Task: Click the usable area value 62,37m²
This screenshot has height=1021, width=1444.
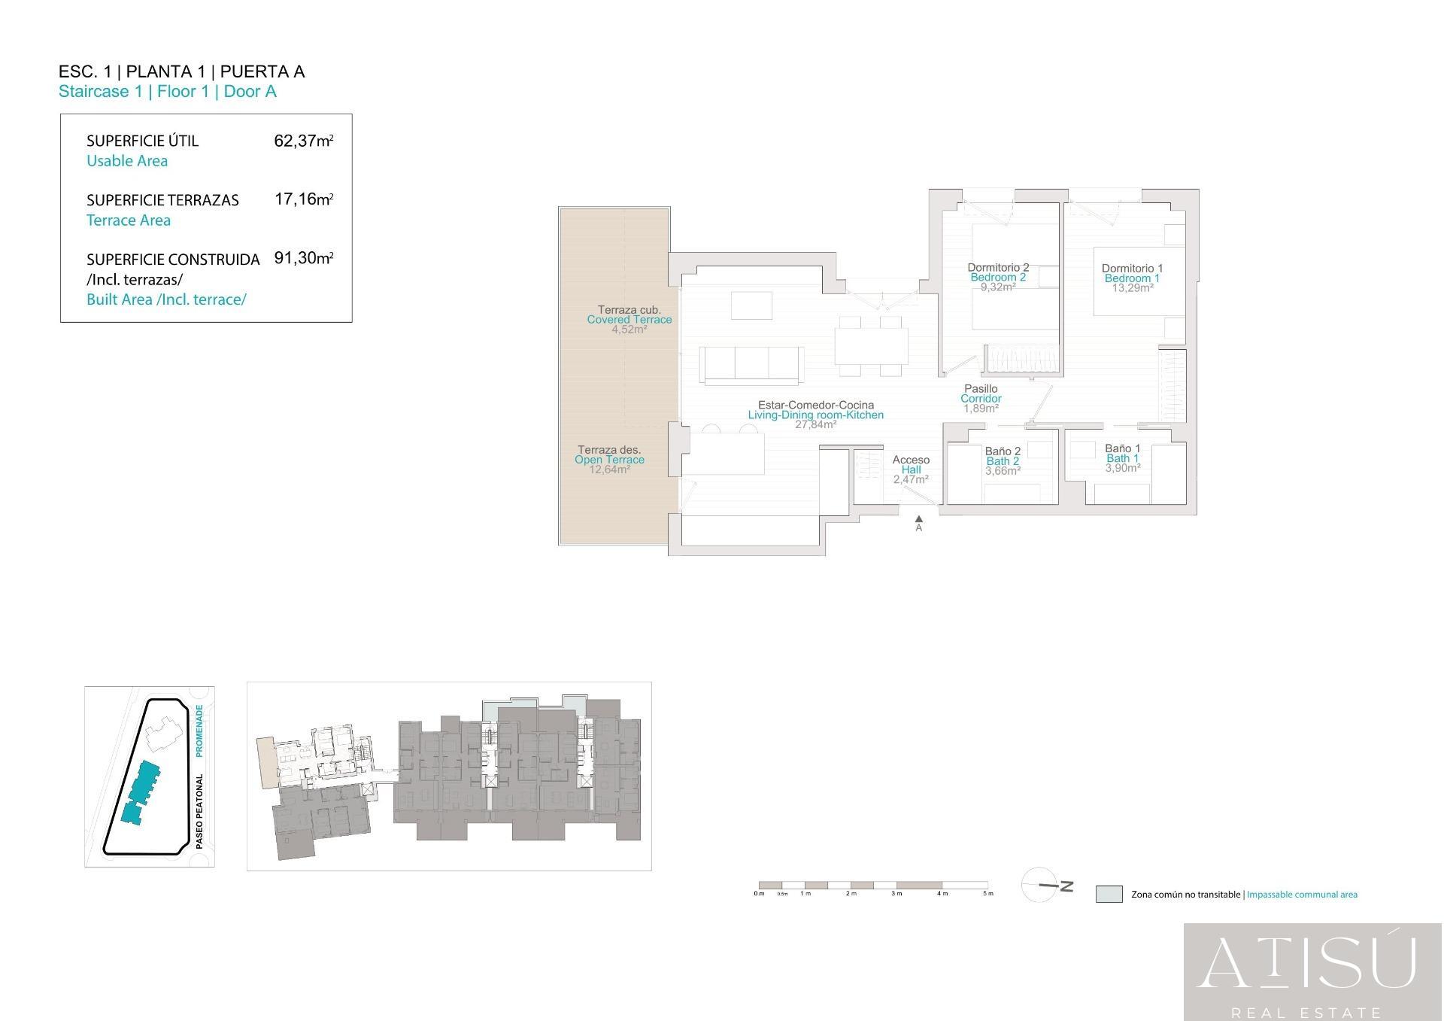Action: [x=303, y=141]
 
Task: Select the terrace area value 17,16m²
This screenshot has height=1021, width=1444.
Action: [x=303, y=199]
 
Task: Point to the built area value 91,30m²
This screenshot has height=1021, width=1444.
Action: [x=303, y=258]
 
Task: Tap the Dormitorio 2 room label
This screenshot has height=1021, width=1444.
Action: [x=998, y=268]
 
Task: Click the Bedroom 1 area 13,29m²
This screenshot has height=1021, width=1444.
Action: [x=1133, y=287]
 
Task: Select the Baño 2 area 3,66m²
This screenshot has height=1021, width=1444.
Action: [x=1003, y=471]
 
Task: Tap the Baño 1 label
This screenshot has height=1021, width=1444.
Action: [x=1122, y=448]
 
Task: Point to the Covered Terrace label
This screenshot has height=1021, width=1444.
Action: [x=629, y=319]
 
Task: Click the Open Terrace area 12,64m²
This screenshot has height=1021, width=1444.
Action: [x=609, y=469]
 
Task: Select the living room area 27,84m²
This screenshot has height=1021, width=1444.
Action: [x=815, y=424]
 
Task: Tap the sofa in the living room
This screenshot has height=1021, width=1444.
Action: [x=751, y=364]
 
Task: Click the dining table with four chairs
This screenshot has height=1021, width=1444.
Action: [x=871, y=346]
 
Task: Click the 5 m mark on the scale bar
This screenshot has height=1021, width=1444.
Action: [x=987, y=893]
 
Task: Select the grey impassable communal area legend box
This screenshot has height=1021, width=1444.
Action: [x=1109, y=894]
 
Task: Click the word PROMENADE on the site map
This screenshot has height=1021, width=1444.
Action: [x=199, y=731]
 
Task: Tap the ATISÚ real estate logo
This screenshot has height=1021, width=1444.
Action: [x=1312, y=971]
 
